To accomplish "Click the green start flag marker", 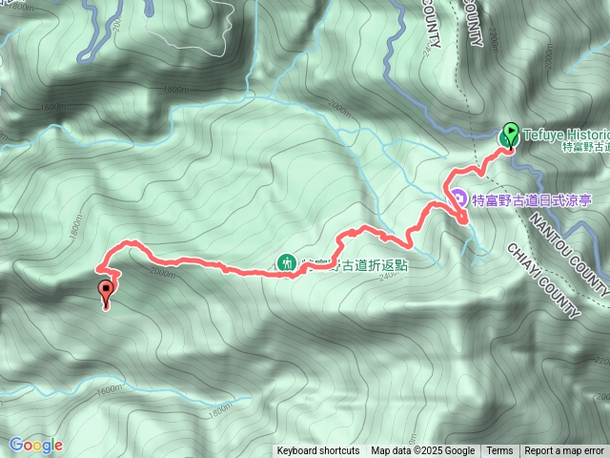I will pyautogui.click(x=509, y=135).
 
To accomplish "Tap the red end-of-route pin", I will pyautogui.click(x=106, y=292).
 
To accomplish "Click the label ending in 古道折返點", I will pyautogui.click(x=355, y=264).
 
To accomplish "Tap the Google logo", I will pyautogui.click(x=35, y=445).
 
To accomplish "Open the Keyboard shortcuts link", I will pyautogui.click(x=318, y=451).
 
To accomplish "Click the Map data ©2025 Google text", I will pyautogui.click(x=422, y=451).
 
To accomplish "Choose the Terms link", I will pyautogui.click(x=499, y=451).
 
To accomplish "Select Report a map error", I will pyautogui.click(x=564, y=451).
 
